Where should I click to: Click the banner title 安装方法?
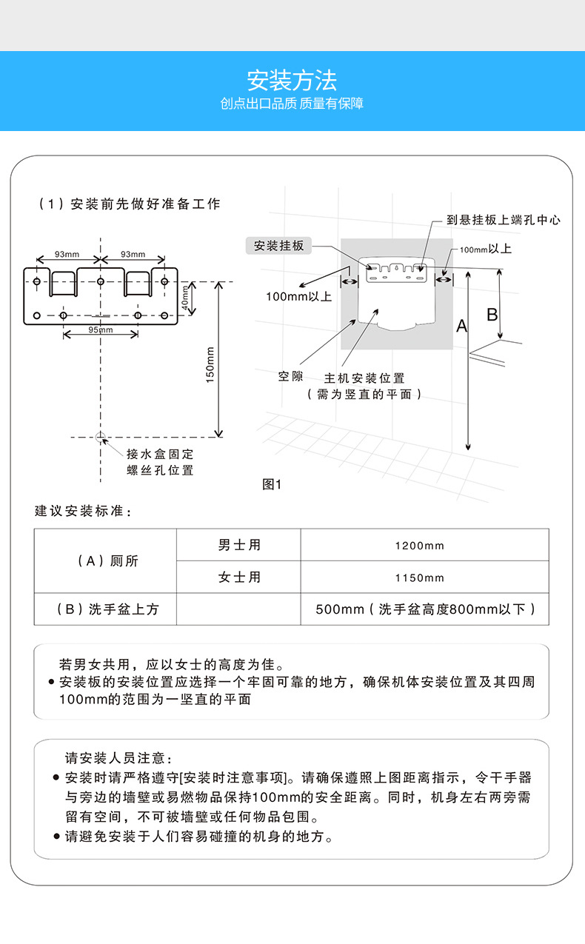[292, 80]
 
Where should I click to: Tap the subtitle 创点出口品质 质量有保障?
[292, 104]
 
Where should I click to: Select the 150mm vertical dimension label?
[210, 365]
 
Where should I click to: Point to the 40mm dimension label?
[184, 298]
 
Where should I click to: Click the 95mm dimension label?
[100, 329]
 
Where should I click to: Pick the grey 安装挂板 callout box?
[279, 246]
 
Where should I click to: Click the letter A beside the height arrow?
[461, 326]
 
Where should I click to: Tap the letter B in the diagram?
[492, 315]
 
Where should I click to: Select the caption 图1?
[273, 485]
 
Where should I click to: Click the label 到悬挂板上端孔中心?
[504, 220]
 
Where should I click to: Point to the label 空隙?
[290, 376]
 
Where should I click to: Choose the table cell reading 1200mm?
[419, 546]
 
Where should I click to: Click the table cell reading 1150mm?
[419, 578]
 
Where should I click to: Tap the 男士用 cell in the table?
[239, 546]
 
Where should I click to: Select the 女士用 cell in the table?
[239, 578]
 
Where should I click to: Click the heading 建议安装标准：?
[81, 512]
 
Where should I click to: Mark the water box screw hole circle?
[100, 438]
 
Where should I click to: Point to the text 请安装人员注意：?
[118, 758]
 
